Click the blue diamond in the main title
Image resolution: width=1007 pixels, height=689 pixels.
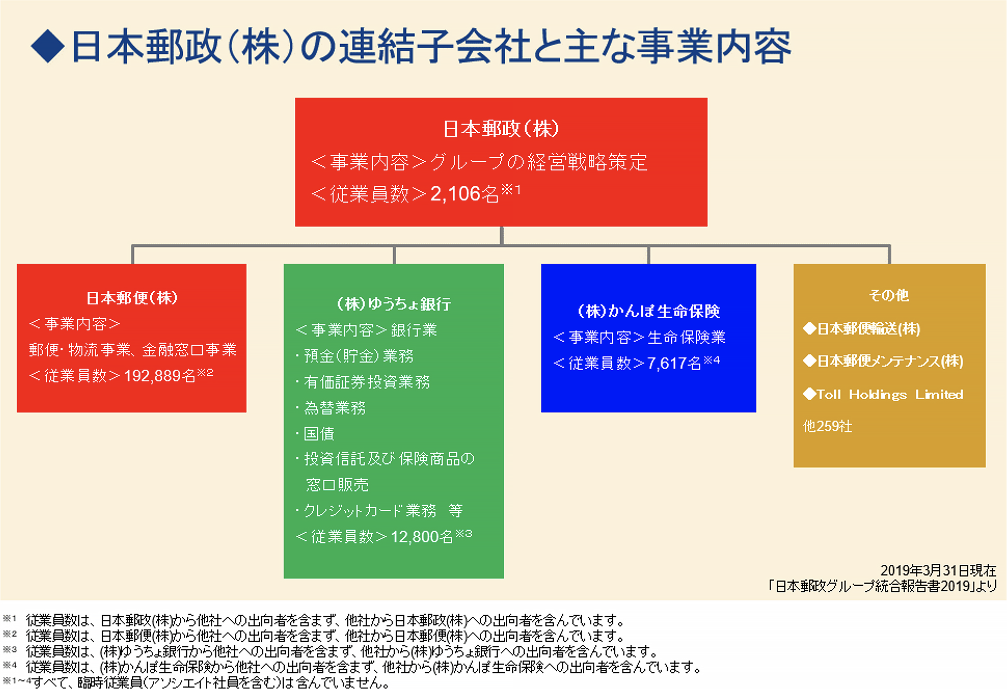[x=48, y=46]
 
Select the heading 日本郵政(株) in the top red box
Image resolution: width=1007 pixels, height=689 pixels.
[x=501, y=129]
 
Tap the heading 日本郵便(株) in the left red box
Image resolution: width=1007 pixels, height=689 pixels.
[x=132, y=298]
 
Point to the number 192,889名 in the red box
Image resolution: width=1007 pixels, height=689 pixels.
[x=159, y=376]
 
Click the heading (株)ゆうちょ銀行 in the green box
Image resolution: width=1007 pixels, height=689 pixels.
[x=394, y=304]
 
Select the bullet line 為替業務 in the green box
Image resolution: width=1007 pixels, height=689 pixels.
[x=334, y=408]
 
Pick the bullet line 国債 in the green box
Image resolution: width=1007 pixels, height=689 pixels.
[x=318, y=434]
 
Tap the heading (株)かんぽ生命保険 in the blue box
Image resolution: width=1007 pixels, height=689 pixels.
[x=648, y=311]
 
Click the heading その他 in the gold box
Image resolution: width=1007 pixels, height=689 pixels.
[x=889, y=295]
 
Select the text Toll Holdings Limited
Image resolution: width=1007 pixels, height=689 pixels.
[x=889, y=395]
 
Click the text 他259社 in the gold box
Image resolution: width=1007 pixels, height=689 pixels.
[x=827, y=427]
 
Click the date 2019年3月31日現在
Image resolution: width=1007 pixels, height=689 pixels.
[x=938, y=570]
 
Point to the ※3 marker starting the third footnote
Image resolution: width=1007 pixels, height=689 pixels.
[x=10, y=650]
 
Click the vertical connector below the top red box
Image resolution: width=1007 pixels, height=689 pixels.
[x=501, y=235]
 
